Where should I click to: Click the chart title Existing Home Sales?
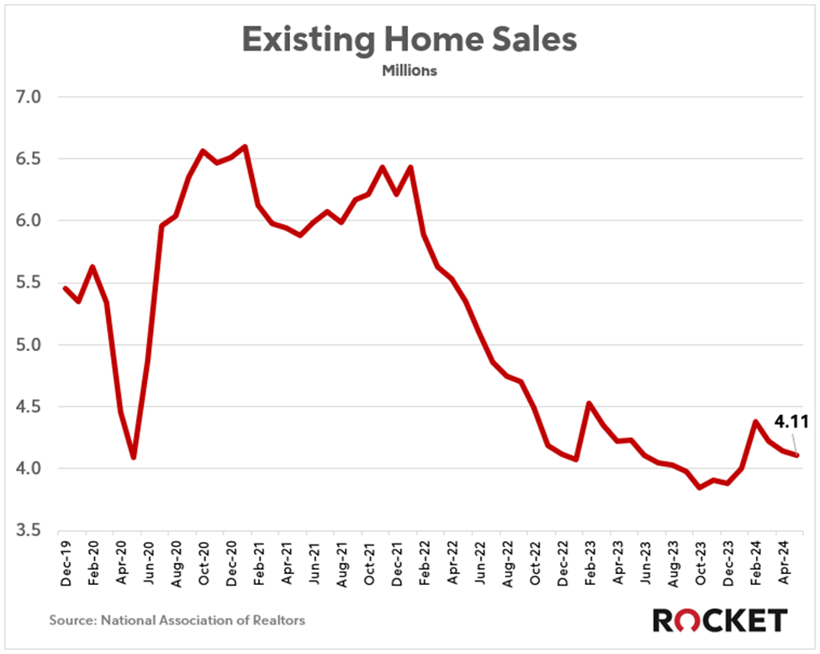(410, 40)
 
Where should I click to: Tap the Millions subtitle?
(410, 72)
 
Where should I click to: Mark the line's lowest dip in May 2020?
(134, 458)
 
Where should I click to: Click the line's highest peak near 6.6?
(245, 146)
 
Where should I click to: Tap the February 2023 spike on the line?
(588, 403)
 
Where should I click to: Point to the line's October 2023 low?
(698, 487)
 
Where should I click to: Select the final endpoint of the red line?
(796, 455)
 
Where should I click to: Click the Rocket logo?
(720, 620)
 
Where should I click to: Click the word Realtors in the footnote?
(278, 621)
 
